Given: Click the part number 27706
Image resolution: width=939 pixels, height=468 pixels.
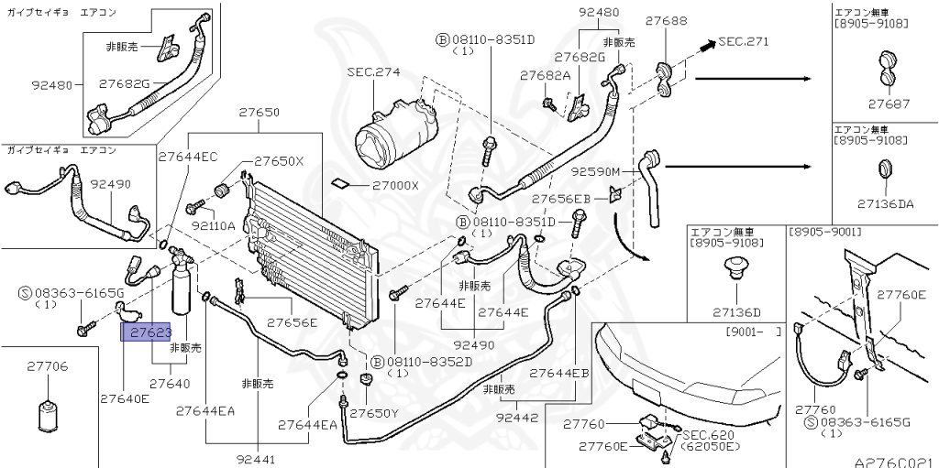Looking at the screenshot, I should [47, 366].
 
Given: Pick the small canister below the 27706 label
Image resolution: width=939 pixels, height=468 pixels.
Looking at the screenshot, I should [48, 417].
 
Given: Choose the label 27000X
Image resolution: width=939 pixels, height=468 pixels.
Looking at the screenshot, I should [395, 185].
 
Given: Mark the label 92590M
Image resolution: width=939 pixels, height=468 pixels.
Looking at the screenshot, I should [595, 171].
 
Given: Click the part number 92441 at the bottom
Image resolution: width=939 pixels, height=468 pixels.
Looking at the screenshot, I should [256, 459].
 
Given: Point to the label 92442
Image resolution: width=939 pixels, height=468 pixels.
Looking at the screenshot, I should [517, 417].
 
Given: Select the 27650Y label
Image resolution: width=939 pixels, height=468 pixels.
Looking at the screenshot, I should [374, 413].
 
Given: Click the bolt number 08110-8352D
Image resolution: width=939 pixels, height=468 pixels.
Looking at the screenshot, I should [428, 361].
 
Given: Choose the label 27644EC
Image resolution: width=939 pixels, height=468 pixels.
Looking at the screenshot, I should [188, 158].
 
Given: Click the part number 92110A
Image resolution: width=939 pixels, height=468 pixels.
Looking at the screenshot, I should [214, 224].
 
